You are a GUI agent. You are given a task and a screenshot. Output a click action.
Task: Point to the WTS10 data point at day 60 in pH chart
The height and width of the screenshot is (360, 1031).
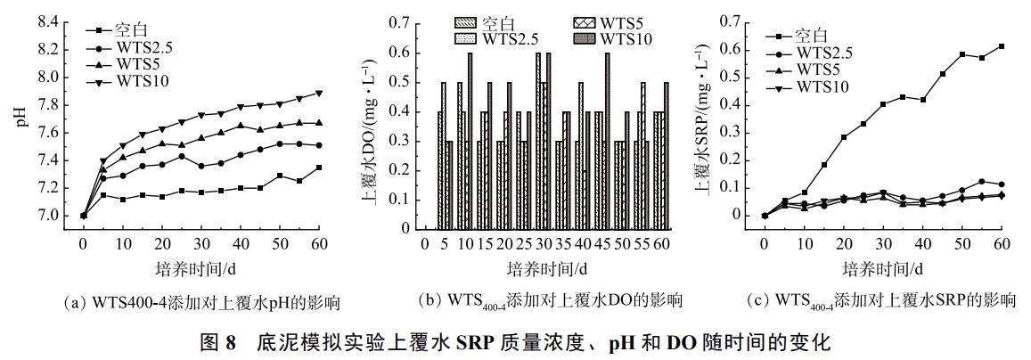(319, 93)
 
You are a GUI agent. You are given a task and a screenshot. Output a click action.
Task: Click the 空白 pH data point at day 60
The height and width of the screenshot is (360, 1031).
(319, 168)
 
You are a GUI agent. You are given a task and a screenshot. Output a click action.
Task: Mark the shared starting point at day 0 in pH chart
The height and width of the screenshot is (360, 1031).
(84, 216)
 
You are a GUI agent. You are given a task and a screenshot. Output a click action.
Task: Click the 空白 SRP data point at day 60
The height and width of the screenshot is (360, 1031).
(1002, 46)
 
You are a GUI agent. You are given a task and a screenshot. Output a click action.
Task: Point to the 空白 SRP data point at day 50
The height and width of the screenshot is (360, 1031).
(962, 54)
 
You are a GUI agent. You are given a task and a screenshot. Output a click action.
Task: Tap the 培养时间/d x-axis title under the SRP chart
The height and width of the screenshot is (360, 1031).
(881, 268)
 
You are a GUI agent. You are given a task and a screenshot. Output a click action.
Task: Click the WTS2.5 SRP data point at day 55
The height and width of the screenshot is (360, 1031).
(982, 182)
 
